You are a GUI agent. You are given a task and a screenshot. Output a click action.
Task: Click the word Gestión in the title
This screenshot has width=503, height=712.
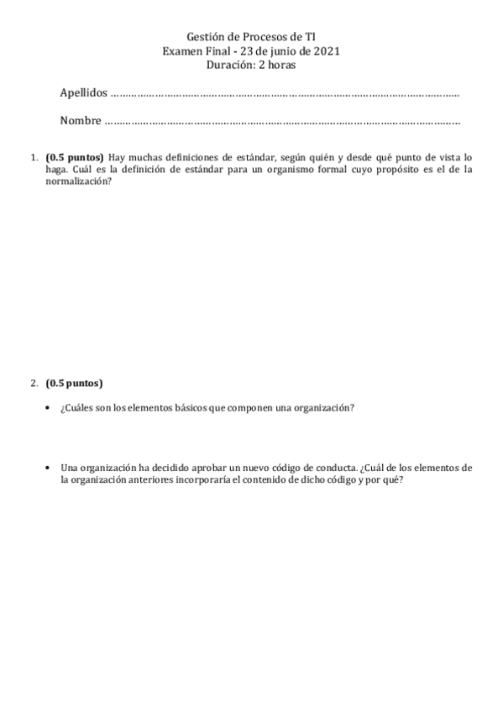[x=204, y=38]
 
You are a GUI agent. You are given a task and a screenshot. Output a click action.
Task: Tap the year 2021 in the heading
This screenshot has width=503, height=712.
[x=325, y=51]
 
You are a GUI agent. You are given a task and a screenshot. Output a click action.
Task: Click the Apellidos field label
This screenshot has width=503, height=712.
[x=84, y=92]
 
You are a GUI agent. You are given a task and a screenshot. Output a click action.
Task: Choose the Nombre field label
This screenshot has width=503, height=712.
[x=81, y=121]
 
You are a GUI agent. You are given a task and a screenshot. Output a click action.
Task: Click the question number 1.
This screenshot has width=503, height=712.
[x=33, y=157]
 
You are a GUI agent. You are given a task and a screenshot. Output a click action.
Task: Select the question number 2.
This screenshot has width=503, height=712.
[x=33, y=384]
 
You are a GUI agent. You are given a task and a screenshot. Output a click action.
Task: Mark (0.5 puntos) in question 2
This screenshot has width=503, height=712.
[x=75, y=384]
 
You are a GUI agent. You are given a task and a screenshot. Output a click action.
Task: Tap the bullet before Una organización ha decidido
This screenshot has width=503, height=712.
[x=48, y=467]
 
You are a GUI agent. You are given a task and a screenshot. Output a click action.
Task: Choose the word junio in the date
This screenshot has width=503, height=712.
[x=291, y=51]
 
